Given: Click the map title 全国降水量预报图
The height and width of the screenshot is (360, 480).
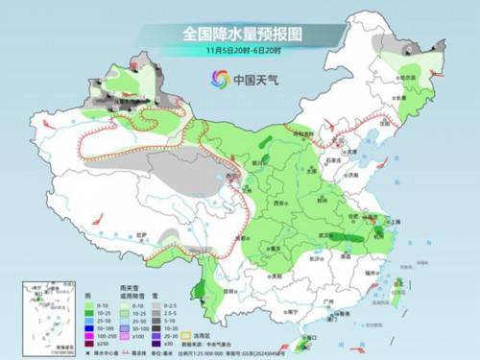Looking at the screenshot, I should tap(240, 32).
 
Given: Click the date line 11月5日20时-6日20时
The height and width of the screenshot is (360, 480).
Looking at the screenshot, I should tap(240, 51).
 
